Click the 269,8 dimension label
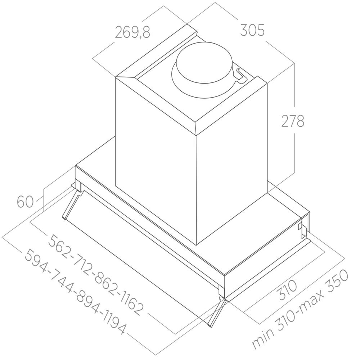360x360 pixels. (x=132, y=32)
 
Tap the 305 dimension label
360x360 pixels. (x=252, y=30)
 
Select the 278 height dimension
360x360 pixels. (x=293, y=121)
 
